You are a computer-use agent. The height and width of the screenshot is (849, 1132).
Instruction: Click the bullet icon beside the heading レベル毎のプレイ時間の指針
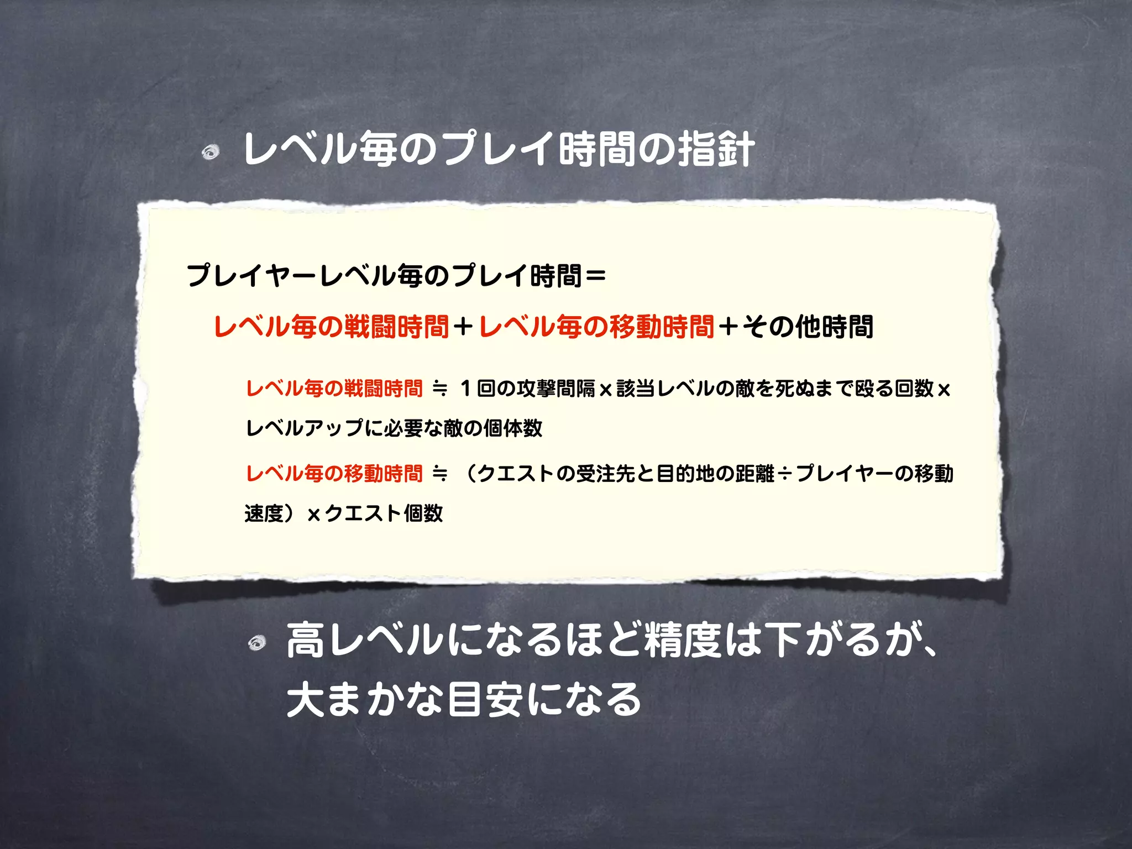[x=211, y=152]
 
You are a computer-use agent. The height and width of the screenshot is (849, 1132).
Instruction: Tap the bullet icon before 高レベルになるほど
[x=257, y=643]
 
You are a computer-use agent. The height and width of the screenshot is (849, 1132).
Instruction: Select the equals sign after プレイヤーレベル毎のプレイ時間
[x=595, y=275]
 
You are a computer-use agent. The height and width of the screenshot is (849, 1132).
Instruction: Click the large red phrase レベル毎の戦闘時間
[x=331, y=327]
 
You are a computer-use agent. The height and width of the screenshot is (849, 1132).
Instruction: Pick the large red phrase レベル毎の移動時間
[x=596, y=327]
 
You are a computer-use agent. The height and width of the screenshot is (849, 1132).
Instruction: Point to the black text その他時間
[x=808, y=327]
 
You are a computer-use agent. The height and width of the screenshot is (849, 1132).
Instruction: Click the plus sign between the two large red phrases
[x=463, y=327]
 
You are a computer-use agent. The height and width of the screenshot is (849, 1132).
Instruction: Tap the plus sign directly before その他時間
[x=729, y=327]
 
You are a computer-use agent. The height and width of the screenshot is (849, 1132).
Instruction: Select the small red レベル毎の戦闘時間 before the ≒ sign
[x=334, y=389]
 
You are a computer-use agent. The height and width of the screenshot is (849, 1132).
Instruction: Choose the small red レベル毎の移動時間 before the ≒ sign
[x=334, y=474]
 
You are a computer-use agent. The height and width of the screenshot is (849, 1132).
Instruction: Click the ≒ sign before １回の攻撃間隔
[x=440, y=389]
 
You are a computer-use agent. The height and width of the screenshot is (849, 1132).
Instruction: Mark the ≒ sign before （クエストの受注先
[x=440, y=474]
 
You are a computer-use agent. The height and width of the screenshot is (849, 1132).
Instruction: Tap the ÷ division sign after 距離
[x=784, y=474]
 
